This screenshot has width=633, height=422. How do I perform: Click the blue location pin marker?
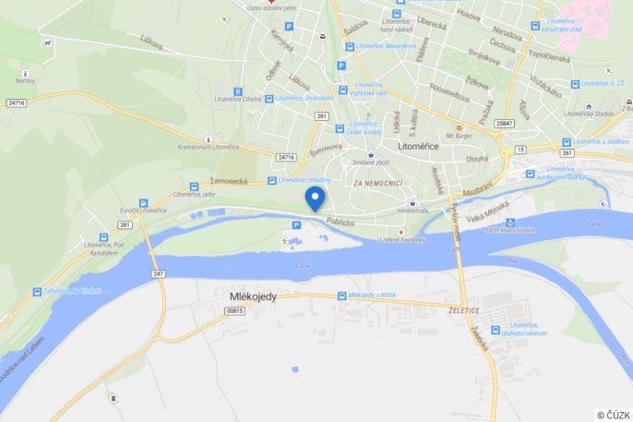coord(315,198)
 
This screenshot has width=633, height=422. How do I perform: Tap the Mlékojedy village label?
coord(252,296)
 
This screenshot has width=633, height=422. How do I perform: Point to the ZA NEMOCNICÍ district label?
coord(378,183)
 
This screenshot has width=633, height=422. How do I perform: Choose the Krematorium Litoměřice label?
coord(208,147)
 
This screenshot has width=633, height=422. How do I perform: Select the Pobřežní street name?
coord(341,221)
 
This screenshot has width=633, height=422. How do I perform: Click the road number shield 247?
coord(159,273)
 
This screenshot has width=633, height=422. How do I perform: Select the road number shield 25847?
coord(503,123)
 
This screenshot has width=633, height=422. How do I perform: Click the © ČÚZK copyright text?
coord(614,415)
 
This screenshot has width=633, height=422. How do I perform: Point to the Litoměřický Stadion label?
coord(591,114)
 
